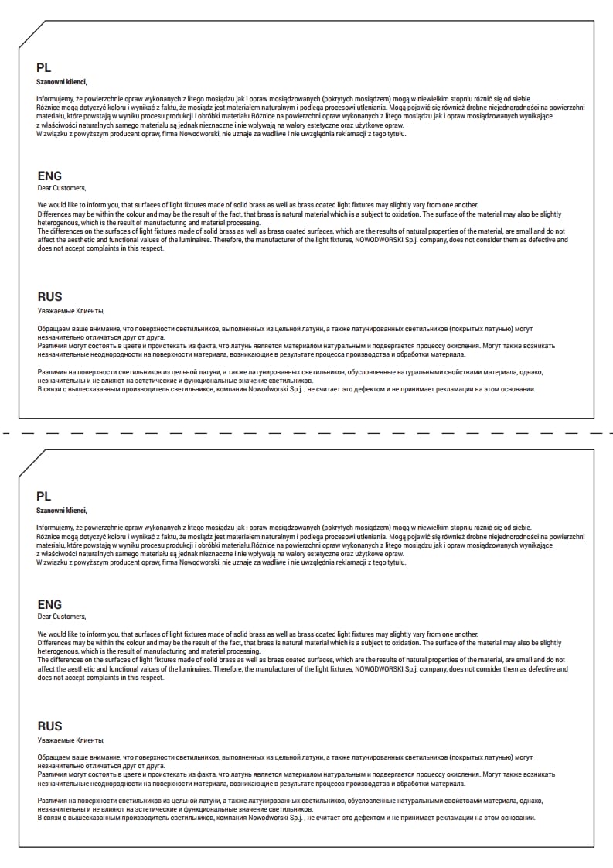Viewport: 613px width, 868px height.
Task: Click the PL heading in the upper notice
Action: pos(43,67)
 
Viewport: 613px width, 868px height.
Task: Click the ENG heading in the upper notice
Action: pos(49,176)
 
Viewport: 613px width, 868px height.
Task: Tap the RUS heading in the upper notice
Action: pos(49,296)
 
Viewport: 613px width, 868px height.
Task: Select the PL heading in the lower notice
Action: pos(43,496)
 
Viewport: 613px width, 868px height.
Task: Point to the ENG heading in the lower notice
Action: pos(49,604)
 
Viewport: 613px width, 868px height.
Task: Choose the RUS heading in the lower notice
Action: pos(49,726)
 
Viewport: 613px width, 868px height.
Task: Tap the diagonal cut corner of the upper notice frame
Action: pos(30,34)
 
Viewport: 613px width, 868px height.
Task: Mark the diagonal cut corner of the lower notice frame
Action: pos(30,463)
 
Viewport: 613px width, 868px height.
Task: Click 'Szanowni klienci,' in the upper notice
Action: pos(62,81)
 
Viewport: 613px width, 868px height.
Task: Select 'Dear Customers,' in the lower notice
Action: pos(62,617)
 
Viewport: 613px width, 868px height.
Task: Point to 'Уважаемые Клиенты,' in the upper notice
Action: pos(70,311)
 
